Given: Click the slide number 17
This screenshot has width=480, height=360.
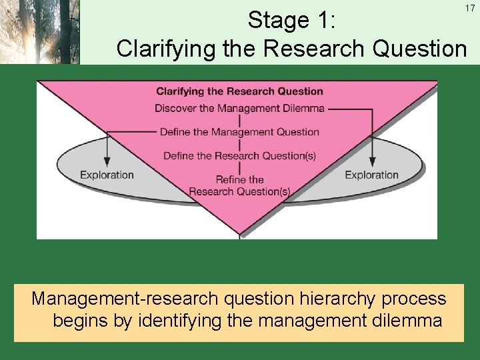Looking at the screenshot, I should pos(469,8).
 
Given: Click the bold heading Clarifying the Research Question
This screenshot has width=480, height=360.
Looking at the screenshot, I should pos(239,91).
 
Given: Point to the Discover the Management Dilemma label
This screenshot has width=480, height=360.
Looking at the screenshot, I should pos(239,108).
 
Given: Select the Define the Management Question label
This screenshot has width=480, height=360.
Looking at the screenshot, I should pos(239,132).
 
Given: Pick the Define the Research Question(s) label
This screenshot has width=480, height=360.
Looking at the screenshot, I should pos(239,156).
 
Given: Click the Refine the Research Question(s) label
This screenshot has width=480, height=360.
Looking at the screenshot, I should pos(239,185).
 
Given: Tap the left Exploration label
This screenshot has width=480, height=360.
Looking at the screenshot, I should pos(107,175).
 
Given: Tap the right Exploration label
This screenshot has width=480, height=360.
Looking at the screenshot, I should pos(371,175).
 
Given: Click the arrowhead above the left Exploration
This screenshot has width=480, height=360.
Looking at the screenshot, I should pos(107,162).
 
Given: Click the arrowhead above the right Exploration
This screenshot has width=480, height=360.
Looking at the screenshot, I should pos(371,162).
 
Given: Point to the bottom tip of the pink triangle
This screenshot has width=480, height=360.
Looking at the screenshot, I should pos(239,233).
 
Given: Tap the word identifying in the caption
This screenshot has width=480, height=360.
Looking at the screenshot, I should pos(179,321).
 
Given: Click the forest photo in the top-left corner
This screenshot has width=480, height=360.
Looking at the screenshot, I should pos(39,31).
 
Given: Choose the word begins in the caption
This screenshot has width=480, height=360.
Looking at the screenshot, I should pos(82,321).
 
